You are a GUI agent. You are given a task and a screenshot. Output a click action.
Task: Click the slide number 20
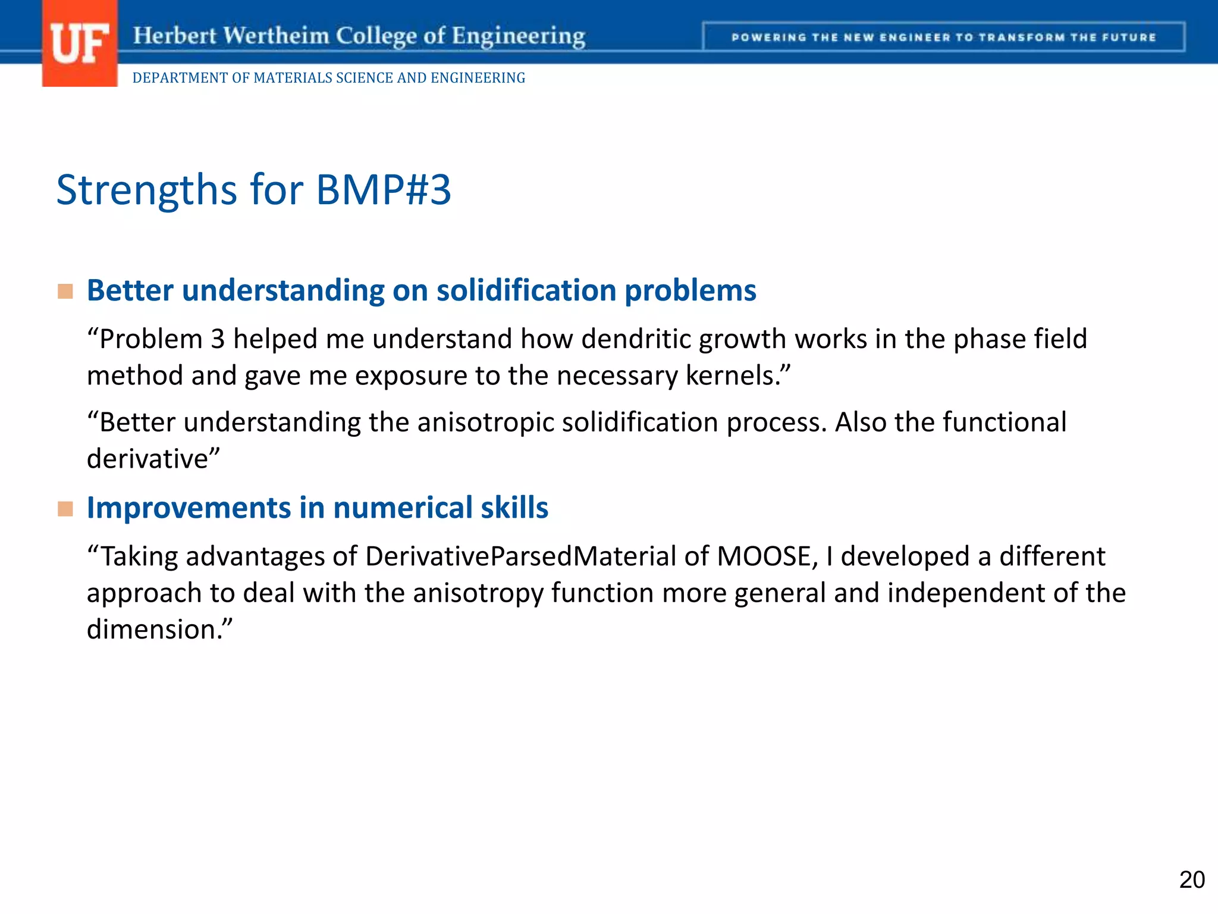tap(1191, 880)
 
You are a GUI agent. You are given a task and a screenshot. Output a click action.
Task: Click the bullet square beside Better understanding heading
tap(65, 292)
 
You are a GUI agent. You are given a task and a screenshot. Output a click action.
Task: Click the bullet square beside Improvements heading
tap(65, 509)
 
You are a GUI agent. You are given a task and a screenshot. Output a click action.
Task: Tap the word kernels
tap(732, 376)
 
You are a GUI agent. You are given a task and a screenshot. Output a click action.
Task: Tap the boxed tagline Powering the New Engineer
tap(943, 37)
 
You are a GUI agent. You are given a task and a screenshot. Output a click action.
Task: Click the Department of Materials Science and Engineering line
tap(328, 78)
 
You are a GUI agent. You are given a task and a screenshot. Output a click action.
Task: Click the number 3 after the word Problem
tap(218, 339)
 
